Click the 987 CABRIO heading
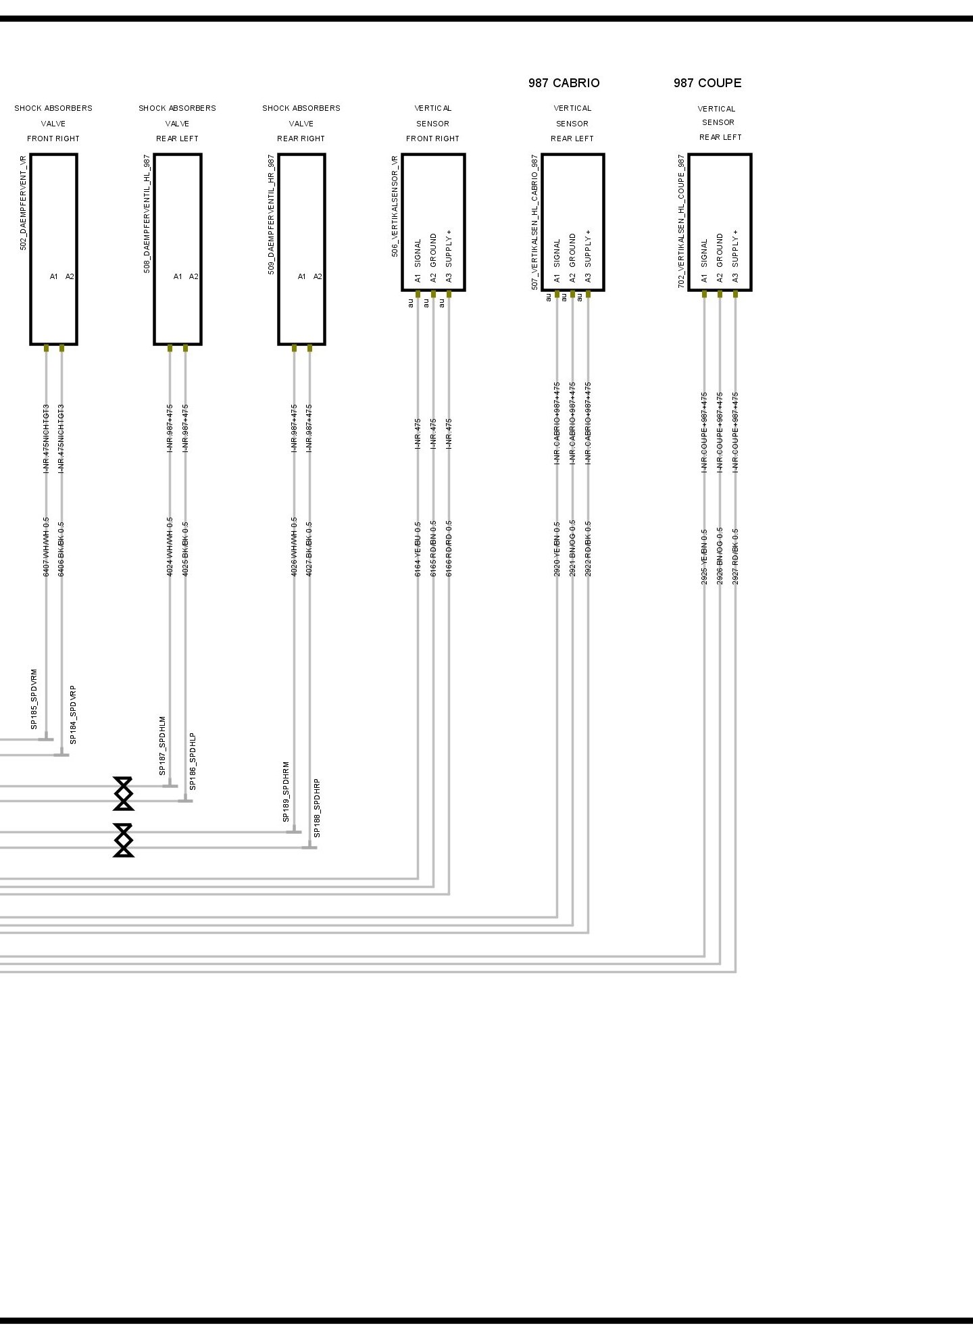click(564, 83)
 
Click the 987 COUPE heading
click(707, 83)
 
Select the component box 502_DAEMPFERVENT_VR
click(53, 249)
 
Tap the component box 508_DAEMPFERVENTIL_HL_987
click(178, 249)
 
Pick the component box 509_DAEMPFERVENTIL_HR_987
click(301, 249)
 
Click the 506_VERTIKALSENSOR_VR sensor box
click(433, 222)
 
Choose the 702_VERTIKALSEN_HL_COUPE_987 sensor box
click(720, 222)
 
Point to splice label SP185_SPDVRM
click(34, 699)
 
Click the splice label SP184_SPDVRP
click(73, 714)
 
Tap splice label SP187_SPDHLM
click(162, 745)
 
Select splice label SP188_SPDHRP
click(317, 807)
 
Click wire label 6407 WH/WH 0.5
click(46, 547)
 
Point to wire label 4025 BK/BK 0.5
click(186, 548)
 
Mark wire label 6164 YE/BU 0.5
click(418, 548)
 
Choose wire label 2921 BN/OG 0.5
click(572, 548)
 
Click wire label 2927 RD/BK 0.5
click(735, 556)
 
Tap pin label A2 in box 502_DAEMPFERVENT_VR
click(70, 276)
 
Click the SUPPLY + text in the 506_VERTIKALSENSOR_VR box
click(449, 247)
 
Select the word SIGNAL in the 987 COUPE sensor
click(704, 252)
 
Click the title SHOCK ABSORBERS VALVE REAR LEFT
click(177, 123)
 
